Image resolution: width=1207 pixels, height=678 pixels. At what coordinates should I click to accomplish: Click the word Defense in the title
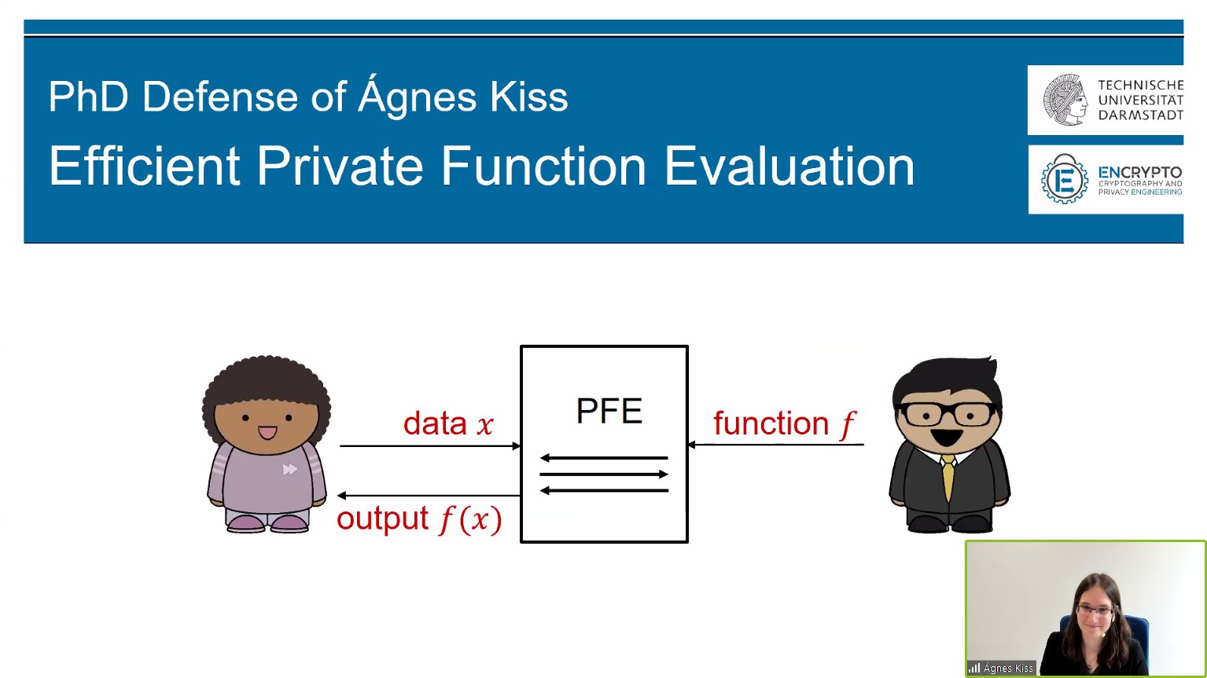pos(220,97)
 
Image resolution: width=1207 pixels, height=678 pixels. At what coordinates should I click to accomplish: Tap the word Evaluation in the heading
pos(790,166)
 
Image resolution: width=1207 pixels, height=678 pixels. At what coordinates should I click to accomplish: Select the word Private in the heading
pos(340,166)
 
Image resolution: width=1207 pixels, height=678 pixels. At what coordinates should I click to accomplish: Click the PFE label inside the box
pos(609,411)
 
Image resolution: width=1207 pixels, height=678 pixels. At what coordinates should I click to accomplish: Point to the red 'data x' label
pos(448,423)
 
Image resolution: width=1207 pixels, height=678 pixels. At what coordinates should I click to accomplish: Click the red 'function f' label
pos(785,424)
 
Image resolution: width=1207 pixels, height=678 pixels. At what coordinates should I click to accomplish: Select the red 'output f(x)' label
pos(419,519)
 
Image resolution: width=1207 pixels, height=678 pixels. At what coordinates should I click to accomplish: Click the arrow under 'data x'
pos(430,446)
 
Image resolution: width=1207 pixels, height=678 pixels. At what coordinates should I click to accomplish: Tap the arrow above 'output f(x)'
pos(429,496)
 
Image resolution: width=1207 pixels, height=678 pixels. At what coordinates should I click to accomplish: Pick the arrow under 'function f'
pos(776,445)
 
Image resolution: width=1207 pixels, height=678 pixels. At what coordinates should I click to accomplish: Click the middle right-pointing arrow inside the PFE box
pos(604,475)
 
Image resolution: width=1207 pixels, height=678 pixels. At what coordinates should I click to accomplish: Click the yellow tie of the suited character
pos(948,478)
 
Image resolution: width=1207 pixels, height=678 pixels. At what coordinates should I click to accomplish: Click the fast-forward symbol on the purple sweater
pos(290,470)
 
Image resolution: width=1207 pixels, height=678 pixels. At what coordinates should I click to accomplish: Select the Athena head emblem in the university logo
pos(1065,100)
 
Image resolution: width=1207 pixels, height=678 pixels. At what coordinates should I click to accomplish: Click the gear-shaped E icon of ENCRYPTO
pos(1064,179)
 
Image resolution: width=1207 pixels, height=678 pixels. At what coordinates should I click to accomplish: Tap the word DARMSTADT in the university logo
pos(1141,115)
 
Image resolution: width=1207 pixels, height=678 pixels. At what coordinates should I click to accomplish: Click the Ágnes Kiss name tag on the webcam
pos(1002,669)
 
